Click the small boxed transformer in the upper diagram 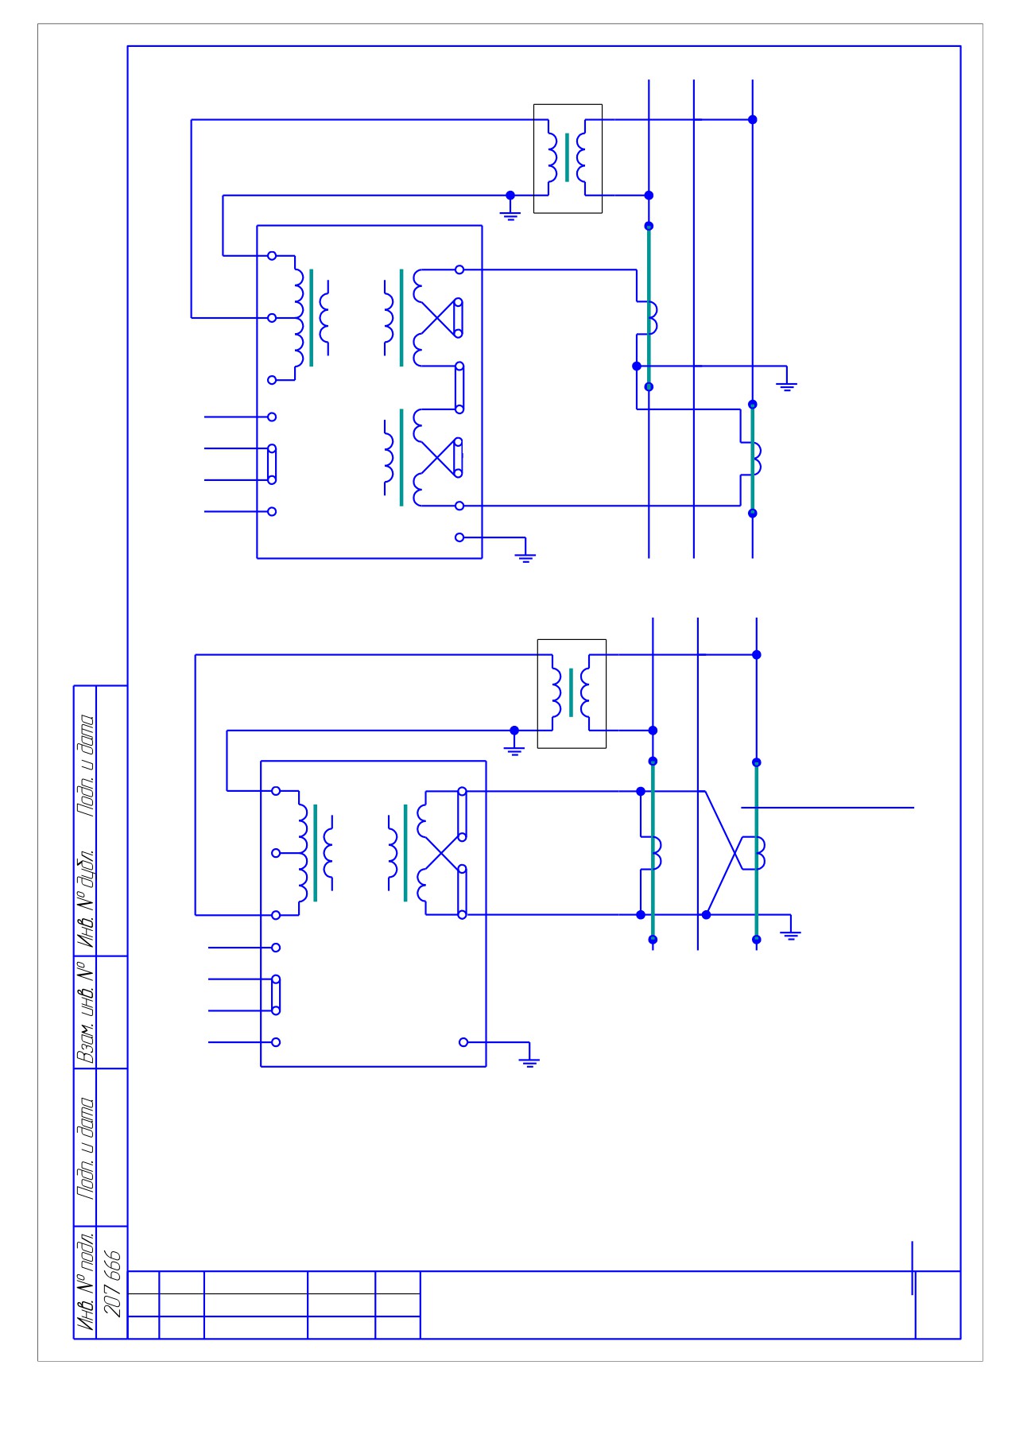coord(568,159)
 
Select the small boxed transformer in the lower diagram coord(572,694)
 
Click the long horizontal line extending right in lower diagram coord(828,808)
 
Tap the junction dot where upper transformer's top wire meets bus coord(753,120)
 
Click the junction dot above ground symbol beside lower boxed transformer coord(514,731)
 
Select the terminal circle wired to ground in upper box coord(459,537)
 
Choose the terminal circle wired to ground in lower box coord(463,1042)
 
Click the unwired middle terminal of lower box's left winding coord(276,853)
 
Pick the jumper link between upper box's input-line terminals coord(272,464)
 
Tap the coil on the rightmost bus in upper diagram coord(755,458)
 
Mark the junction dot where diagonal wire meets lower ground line coord(706,915)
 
